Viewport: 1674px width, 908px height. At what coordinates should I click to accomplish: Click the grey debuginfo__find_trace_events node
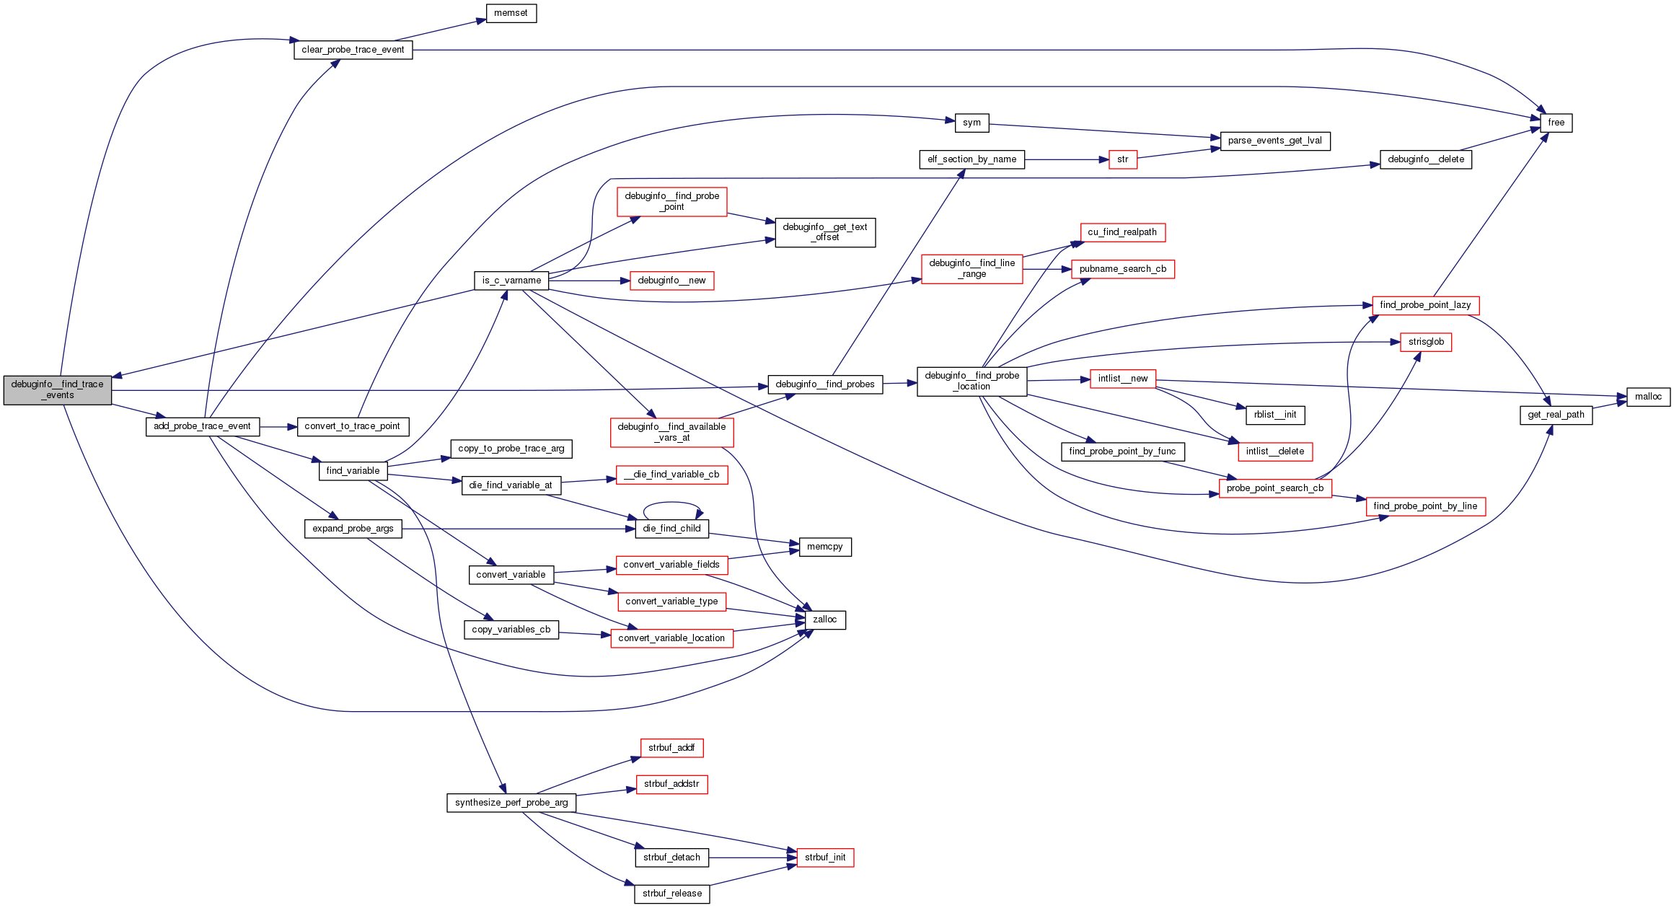[x=58, y=390]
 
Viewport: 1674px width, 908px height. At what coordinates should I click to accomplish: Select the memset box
[x=511, y=13]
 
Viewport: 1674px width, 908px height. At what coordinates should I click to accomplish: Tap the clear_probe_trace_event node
[x=353, y=50]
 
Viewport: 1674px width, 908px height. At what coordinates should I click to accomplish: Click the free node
[x=1556, y=123]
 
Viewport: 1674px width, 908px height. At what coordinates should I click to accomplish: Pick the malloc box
[x=1648, y=397]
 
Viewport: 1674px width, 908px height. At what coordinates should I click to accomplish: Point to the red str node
[x=1122, y=159]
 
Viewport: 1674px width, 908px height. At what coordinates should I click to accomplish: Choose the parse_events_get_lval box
[x=1274, y=141]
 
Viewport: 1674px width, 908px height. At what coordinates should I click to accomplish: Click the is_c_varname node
[x=511, y=281]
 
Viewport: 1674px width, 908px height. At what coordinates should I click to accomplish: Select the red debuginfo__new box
[x=671, y=281]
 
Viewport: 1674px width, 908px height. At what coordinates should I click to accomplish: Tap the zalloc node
[x=824, y=620]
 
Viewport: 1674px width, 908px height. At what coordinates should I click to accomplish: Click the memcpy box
[x=824, y=547]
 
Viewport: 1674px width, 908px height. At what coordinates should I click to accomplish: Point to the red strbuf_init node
[x=825, y=858]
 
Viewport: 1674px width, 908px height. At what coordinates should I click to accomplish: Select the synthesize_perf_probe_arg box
[x=511, y=803]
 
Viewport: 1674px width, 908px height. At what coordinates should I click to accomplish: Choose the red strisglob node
[x=1425, y=342]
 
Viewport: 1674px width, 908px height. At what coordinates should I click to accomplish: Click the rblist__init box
[x=1274, y=415]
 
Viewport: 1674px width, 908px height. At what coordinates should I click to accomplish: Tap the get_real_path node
[x=1556, y=415]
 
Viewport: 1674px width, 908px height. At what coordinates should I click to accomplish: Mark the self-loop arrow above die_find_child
[x=671, y=503]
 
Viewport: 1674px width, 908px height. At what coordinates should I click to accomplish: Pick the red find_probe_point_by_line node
[x=1425, y=506]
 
